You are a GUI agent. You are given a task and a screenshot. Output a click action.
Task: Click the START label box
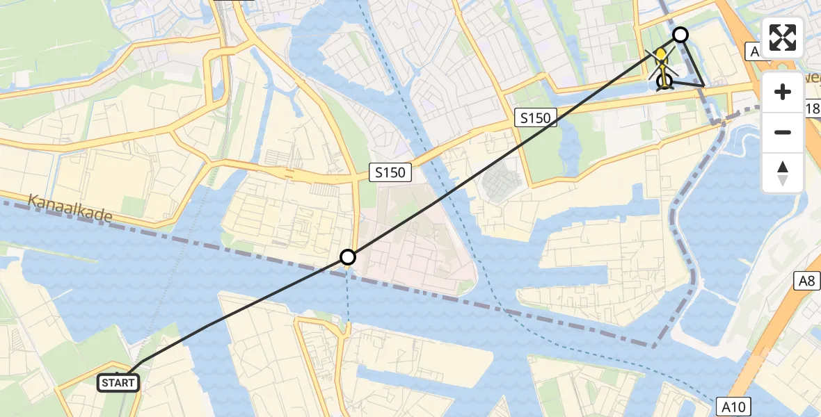tap(118, 382)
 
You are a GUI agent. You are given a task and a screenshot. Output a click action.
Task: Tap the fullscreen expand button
tap(783, 38)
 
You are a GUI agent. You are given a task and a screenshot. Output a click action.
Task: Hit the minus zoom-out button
tap(783, 132)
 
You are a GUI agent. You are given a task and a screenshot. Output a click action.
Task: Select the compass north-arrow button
tap(783, 173)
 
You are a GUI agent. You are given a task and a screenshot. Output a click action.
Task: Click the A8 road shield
tap(806, 281)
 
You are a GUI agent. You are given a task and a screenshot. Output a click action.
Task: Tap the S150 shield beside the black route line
tap(536, 118)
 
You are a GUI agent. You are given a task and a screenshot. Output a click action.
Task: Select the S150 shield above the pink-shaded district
tap(390, 172)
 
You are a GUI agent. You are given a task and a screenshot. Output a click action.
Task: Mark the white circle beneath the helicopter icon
tap(664, 82)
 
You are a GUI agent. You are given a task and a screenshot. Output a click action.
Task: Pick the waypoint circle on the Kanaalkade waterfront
tap(348, 258)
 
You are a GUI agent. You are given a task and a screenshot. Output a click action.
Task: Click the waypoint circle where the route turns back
tap(680, 34)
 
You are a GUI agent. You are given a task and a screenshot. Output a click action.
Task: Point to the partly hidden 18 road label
tap(812, 108)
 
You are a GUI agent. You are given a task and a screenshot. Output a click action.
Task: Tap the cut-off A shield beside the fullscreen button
tap(753, 51)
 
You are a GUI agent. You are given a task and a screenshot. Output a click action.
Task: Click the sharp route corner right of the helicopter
tap(703, 87)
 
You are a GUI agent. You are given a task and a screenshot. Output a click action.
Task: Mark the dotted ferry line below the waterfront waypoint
tap(348, 299)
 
